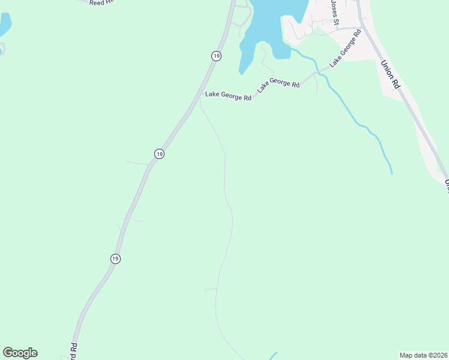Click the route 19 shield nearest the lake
pyautogui.click(x=216, y=55)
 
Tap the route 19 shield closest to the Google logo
pyautogui.click(x=115, y=258)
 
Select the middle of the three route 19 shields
pyautogui.click(x=158, y=154)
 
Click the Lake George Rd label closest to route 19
pyautogui.click(x=228, y=95)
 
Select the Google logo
pyautogui.click(x=20, y=353)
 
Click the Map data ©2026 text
pyautogui.click(x=423, y=355)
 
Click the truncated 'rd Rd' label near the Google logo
pyautogui.click(x=74, y=351)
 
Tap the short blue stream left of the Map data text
pyautogui.click(x=273, y=356)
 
